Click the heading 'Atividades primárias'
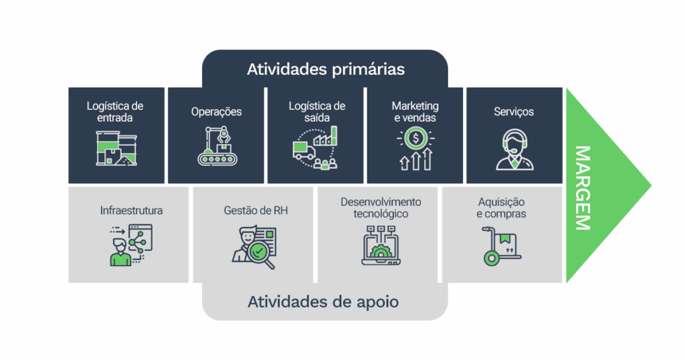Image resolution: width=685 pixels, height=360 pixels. click(x=325, y=69)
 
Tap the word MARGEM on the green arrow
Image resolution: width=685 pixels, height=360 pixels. click(x=582, y=187)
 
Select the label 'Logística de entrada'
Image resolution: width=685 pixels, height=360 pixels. click(x=115, y=112)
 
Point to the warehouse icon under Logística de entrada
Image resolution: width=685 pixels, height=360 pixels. click(x=116, y=149)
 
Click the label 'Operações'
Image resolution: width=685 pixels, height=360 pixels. click(x=216, y=112)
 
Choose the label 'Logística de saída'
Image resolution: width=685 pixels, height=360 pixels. click(x=316, y=112)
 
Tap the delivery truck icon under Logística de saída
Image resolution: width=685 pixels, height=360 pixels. click(x=304, y=151)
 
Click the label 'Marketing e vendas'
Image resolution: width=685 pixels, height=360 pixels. click(x=415, y=112)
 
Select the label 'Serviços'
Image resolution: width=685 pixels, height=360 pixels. click(x=514, y=112)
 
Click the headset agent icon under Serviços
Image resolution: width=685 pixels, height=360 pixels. click(x=514, y=149)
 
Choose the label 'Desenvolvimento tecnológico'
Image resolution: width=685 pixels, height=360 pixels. click(x=381, y=207)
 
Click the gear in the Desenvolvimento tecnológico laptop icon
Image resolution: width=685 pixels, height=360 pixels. click(x=381, y=253)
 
